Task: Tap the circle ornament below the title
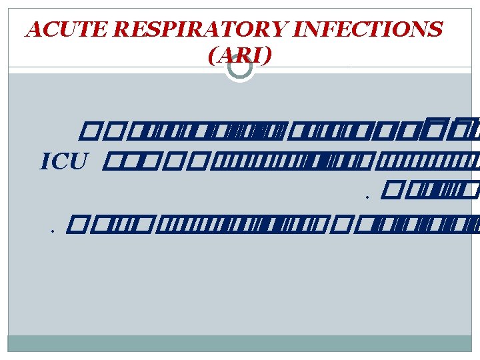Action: pos(239,67)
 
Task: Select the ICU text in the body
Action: pos(64,162)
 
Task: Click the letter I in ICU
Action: pos(45,162)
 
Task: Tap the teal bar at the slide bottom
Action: pos(240,343)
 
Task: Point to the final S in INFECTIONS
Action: pos(435,30)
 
